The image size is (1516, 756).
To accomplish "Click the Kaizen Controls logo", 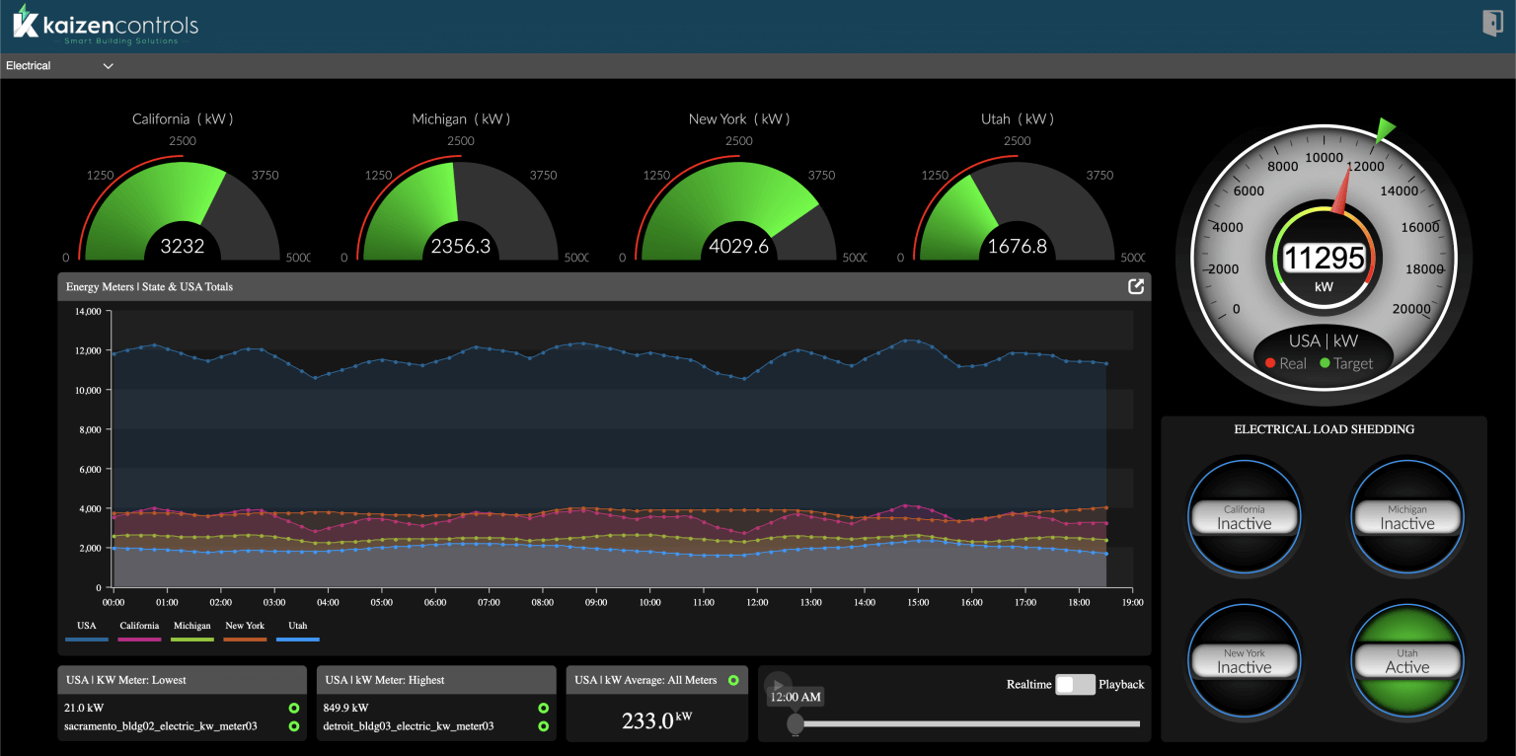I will pos(106,26).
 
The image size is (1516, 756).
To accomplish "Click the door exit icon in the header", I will pos(1491,24).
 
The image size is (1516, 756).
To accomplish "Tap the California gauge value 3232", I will pos(183,246).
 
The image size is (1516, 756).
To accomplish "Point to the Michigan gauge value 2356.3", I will pos(460,246).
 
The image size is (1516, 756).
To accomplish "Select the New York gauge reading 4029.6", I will pos(738,246).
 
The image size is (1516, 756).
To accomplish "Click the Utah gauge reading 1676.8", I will pos(1017,246).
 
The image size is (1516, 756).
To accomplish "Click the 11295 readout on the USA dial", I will pos(1324,259).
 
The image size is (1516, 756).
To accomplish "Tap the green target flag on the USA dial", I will pos(1386,127).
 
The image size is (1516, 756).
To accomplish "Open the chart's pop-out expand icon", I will pos(1136,286).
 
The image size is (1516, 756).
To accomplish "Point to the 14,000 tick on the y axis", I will pos(89,311).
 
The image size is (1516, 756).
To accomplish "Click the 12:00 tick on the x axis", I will pos(757,601).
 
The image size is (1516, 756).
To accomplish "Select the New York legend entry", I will pos(245,626).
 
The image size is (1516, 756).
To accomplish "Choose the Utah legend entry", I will pos(298,626).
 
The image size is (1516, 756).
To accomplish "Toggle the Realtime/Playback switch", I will pos(1075,684).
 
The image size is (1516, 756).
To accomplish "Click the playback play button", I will pos(778,684).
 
